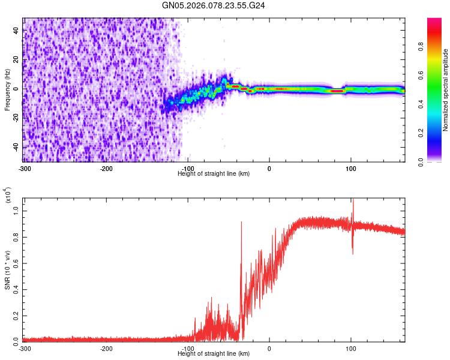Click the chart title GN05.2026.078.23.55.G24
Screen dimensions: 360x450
coord(214,5)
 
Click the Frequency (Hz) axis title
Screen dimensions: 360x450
coord(7,89)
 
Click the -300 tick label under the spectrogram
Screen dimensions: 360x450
coord(24,167)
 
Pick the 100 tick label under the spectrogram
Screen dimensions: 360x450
coord(351,167)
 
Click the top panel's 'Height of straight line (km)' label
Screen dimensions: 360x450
coord(214,173)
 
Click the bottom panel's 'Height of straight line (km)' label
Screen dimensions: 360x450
coord(214,353)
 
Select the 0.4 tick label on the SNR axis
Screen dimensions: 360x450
coord(17,289)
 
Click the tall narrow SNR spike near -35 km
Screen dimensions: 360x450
coord(241,223)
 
